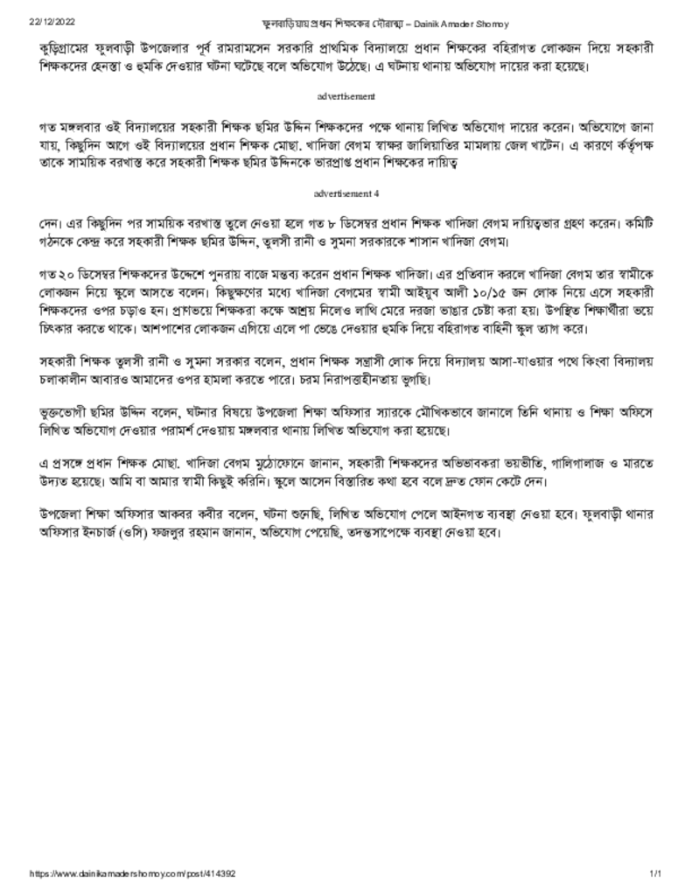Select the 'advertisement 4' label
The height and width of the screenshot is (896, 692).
(346, 192)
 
